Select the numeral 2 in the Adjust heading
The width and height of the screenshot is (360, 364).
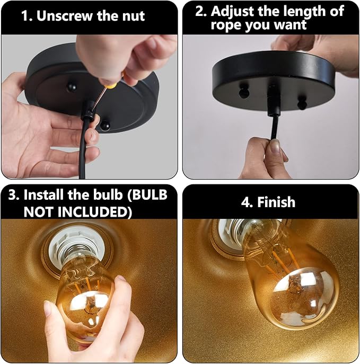[200, 11]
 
